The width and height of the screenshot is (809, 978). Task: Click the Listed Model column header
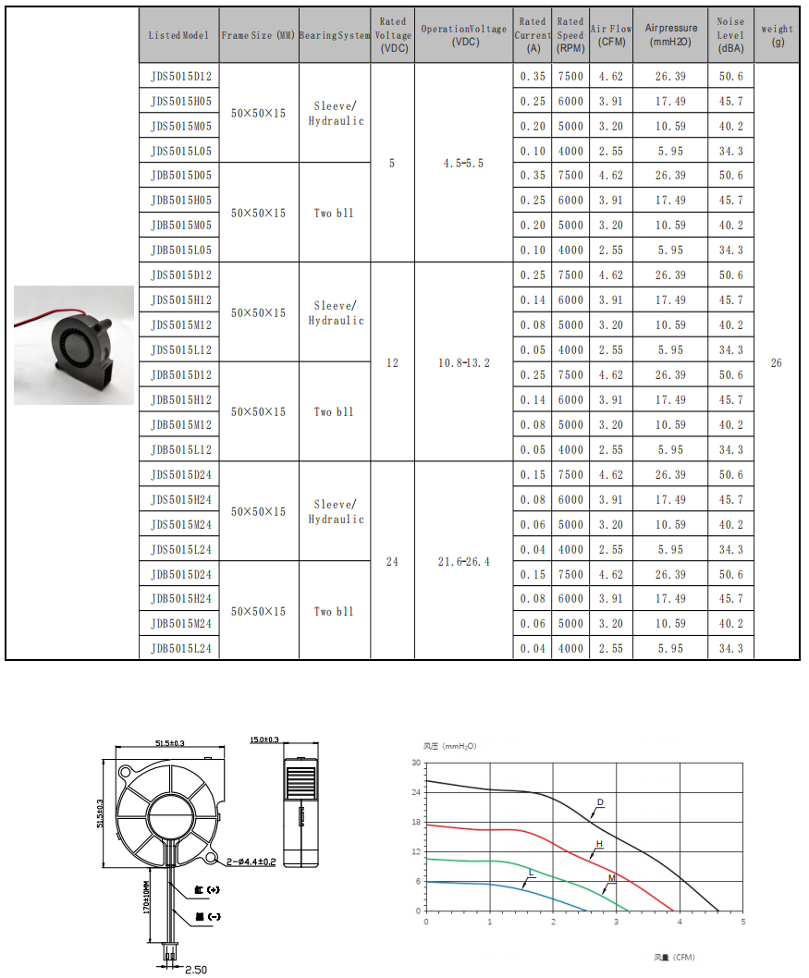(179, 35)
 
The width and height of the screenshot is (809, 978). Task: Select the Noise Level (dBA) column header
(729, 35)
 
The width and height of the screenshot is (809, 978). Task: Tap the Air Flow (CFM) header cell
(610, 35)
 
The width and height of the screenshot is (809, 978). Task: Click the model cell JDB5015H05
(181, 201)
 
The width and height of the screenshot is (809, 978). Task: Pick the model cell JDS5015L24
(181, 550)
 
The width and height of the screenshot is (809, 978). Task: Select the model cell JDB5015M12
(181, 425)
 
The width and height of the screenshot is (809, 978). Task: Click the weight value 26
(776, 363)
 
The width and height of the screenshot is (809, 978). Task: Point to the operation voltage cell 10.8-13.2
(463, 363)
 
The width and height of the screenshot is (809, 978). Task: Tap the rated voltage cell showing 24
(392, 562)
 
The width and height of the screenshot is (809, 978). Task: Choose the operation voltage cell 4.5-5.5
(463, 164)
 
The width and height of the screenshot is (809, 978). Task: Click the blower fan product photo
(74, 345)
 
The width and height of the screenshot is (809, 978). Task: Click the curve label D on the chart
(600, 802)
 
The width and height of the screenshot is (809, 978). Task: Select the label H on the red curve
(599, 844)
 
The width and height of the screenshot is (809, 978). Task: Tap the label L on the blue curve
(531, 873)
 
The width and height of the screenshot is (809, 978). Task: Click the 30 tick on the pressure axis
(416, 763)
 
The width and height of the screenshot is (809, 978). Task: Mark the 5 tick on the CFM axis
(742, 922)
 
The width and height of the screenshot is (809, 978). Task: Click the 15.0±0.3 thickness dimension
(264, 740)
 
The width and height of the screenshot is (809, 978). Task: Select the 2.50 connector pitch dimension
(195, 970)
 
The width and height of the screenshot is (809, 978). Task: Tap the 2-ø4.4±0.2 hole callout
(251, 862)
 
